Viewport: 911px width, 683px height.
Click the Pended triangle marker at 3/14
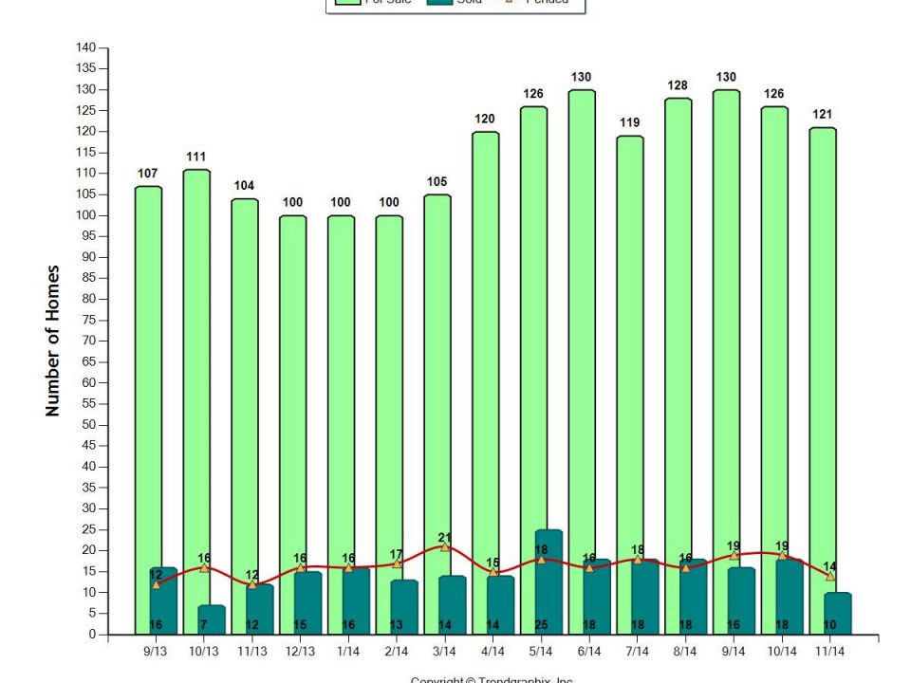point(445,547)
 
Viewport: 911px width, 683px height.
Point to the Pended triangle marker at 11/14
point(830,576)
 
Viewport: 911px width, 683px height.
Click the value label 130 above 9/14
point(727,77)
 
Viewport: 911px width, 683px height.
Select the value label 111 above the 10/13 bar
point(196,157)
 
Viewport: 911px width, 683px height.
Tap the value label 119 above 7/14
point(630,122)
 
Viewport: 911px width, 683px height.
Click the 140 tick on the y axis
point(86,47)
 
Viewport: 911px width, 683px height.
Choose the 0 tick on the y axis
point(93,635)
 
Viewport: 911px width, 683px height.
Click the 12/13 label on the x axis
point(300,653)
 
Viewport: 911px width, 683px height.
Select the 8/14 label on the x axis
point(686,653)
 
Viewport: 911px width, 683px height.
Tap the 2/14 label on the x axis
point(397,653)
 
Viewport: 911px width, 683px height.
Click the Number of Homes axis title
point(53,341)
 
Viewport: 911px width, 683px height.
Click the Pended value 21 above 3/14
point(445,537)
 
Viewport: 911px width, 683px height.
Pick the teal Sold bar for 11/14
point(838,607)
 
